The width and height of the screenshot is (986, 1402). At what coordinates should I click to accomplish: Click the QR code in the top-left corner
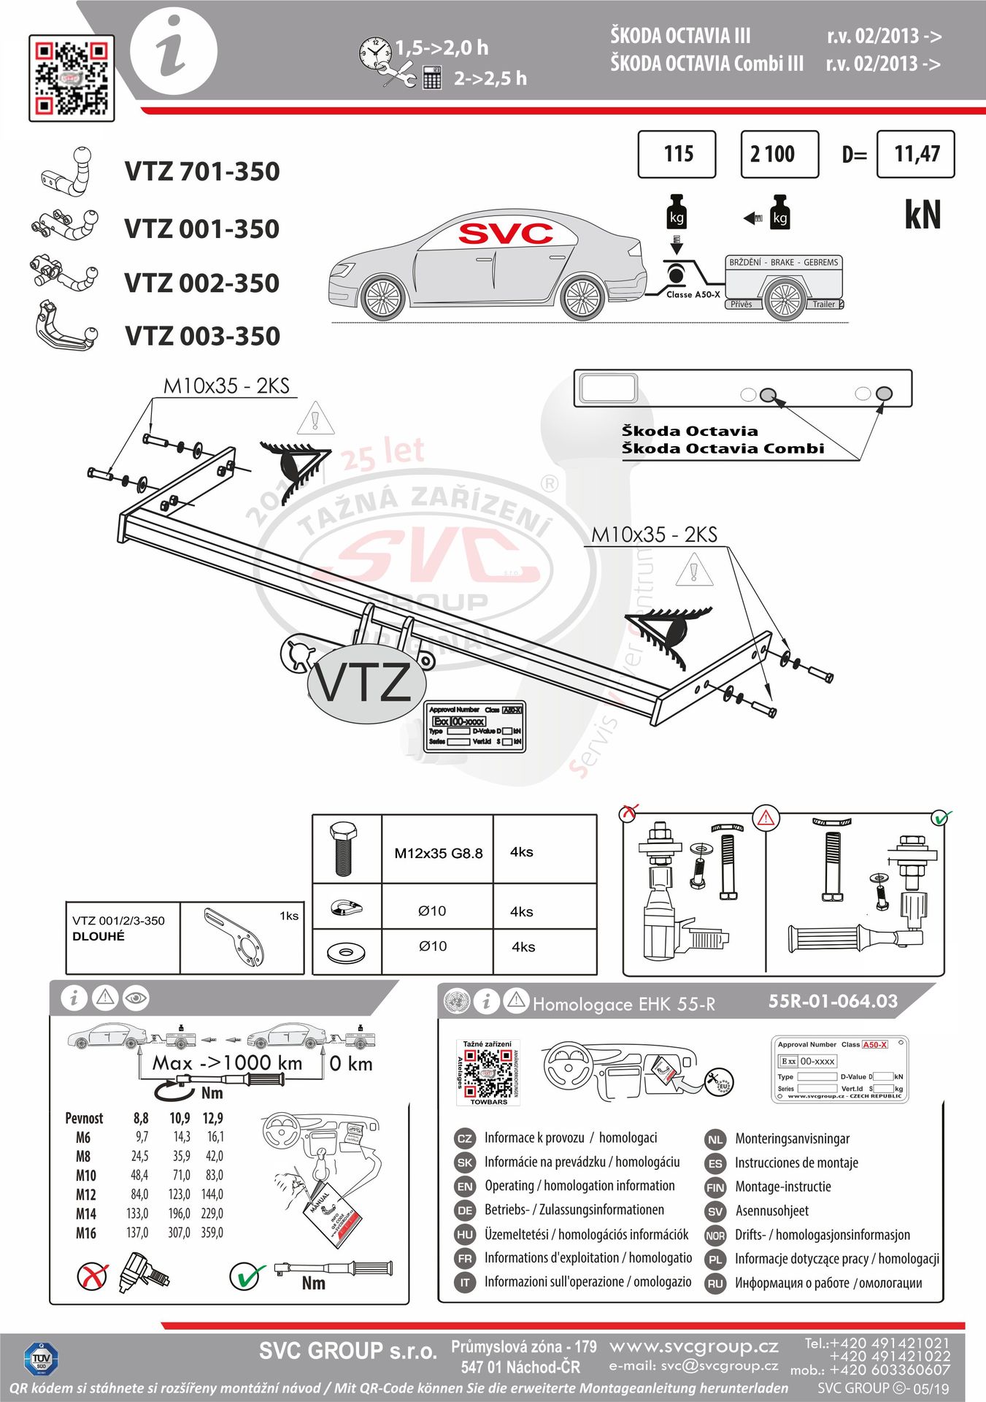click(72, 77)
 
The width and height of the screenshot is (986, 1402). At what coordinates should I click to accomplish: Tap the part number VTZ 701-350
click(202, 172)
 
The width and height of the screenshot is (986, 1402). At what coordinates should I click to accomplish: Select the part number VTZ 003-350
click(202, 337)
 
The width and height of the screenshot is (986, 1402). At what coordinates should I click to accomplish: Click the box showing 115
click(677, 154)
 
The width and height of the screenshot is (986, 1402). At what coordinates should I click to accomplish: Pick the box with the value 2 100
click(779, 154)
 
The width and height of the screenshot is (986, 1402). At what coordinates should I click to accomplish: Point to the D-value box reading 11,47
click(915, 154)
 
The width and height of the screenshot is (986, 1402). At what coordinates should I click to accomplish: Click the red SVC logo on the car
click(505, 234)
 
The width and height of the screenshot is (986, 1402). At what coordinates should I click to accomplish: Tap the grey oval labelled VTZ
click(366, 683)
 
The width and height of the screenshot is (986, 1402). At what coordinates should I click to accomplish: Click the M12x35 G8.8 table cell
click(438, 853)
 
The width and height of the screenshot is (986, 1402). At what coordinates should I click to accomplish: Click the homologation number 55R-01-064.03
click(833, 1001)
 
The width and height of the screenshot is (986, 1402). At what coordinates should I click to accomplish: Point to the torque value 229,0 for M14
click(212, 1214)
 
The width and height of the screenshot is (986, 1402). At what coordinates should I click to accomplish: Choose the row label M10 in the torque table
click(85, 1176)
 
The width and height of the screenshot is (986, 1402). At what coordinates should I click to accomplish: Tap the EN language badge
click(465, 1187)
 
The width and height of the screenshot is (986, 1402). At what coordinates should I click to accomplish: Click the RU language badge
click(715, 1284)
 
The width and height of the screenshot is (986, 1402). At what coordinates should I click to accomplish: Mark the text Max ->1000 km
click(227, 1063)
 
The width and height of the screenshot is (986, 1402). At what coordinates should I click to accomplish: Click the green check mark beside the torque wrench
click(247, 1276)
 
